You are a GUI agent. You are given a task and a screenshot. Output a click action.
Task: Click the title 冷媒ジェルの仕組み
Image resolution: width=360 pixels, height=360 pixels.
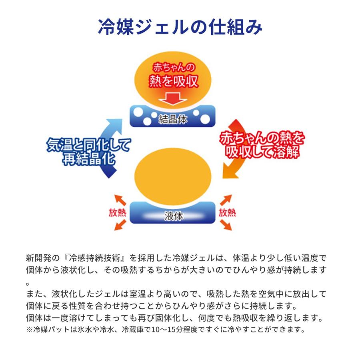tap(180, 27)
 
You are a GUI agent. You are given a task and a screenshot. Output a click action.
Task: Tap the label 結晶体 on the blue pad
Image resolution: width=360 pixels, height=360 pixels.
tap(173, 119)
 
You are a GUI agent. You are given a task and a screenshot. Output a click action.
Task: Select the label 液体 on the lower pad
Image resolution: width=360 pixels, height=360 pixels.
tap(174, 216)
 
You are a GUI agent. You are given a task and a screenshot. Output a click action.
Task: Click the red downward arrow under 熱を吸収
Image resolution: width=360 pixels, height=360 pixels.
tap(173, 99)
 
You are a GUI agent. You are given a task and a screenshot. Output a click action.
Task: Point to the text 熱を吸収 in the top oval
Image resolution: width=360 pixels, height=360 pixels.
tap(173, 81)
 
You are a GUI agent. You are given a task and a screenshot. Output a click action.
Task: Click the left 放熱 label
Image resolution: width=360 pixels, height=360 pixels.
tap(117, 213)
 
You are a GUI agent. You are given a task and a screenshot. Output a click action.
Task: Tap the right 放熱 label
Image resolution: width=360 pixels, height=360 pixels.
tap(227, 213)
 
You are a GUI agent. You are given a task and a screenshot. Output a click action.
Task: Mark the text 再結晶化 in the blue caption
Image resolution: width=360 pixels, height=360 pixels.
tap(89, 159)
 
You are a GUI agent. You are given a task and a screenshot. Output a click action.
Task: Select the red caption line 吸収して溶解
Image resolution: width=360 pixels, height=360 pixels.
tap(262, 152)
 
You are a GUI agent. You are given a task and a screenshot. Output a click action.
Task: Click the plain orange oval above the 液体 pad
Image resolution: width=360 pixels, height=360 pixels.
tap(173, 176)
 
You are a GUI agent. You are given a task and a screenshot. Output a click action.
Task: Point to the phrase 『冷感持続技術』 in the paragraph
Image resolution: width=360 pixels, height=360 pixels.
tap(94, 258)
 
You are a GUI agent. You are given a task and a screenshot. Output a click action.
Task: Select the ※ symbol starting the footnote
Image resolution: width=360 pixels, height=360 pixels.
tap(29, 330)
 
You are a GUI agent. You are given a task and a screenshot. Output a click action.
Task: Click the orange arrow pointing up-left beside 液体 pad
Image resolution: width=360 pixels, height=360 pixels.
tap(120, 200)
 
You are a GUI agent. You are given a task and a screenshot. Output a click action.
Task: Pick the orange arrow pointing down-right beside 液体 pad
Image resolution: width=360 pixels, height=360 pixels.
tap(226, 225)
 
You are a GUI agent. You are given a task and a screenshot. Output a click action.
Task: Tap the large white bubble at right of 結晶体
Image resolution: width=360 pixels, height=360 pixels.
tap(205, 119)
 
